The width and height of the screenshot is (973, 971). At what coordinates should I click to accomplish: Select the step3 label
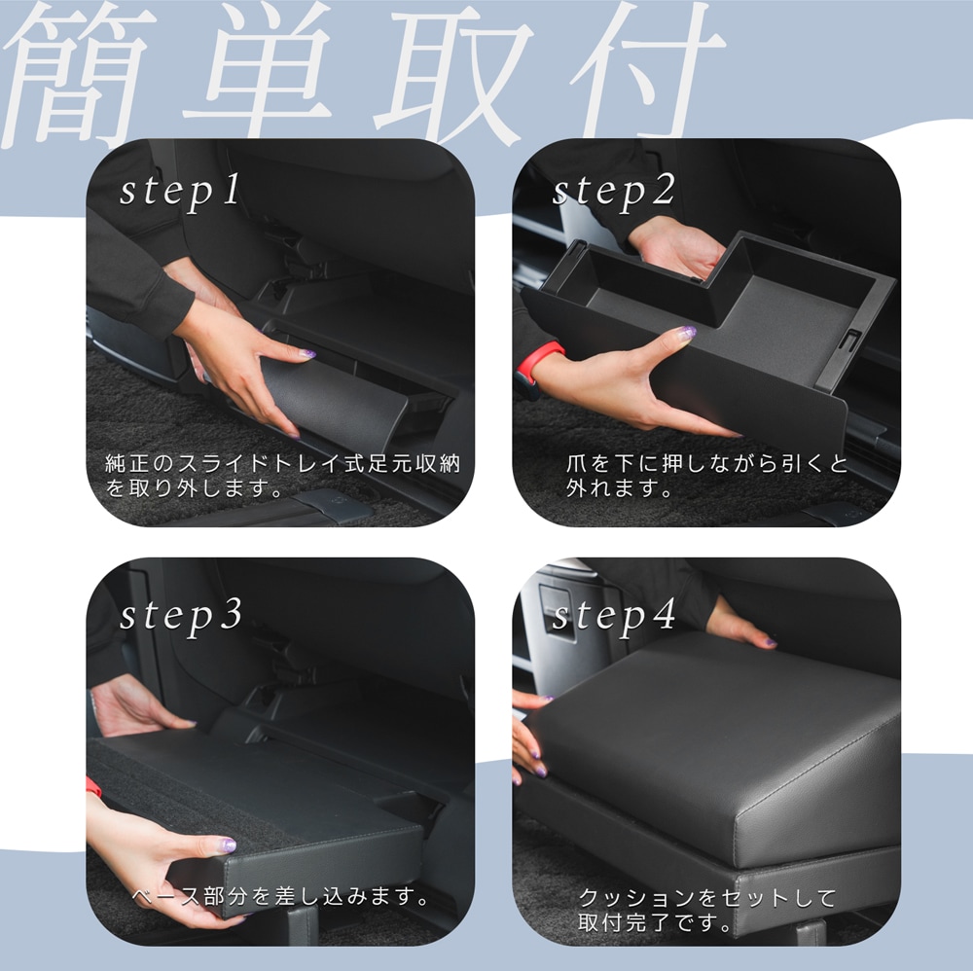click(x=180, y=615)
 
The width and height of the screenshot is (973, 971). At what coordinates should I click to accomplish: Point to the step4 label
click(x=614, y=615)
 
